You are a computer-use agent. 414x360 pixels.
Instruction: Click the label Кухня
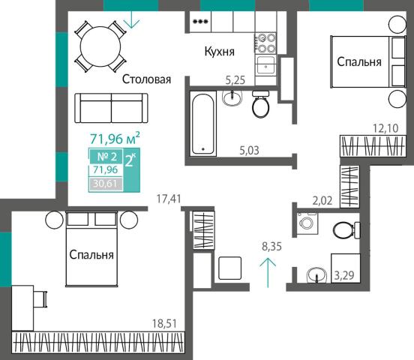coord(220,52)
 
